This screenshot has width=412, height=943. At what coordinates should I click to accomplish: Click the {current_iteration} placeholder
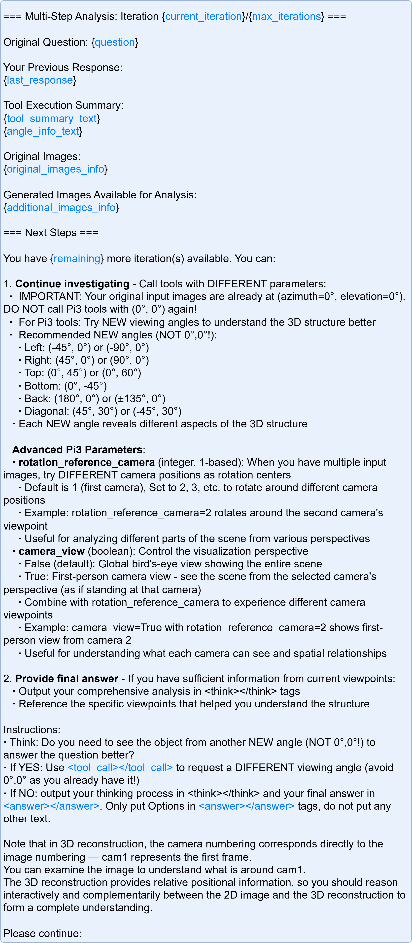[x=204, y=16]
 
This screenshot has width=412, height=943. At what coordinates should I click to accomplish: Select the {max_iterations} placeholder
[x=286, y=16]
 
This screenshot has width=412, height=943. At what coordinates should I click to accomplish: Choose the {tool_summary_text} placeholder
[x=52, y=119]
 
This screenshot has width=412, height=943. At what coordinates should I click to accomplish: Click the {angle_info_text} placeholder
[x=43, y=131]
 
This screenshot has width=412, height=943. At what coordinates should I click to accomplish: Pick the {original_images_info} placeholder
[x=55, y=169]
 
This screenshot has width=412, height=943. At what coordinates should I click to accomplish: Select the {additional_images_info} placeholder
[x=61, y=208]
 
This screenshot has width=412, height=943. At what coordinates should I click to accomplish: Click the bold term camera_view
[x=52, y=551]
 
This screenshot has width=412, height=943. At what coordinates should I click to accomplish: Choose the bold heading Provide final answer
[x=67, y=679]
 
